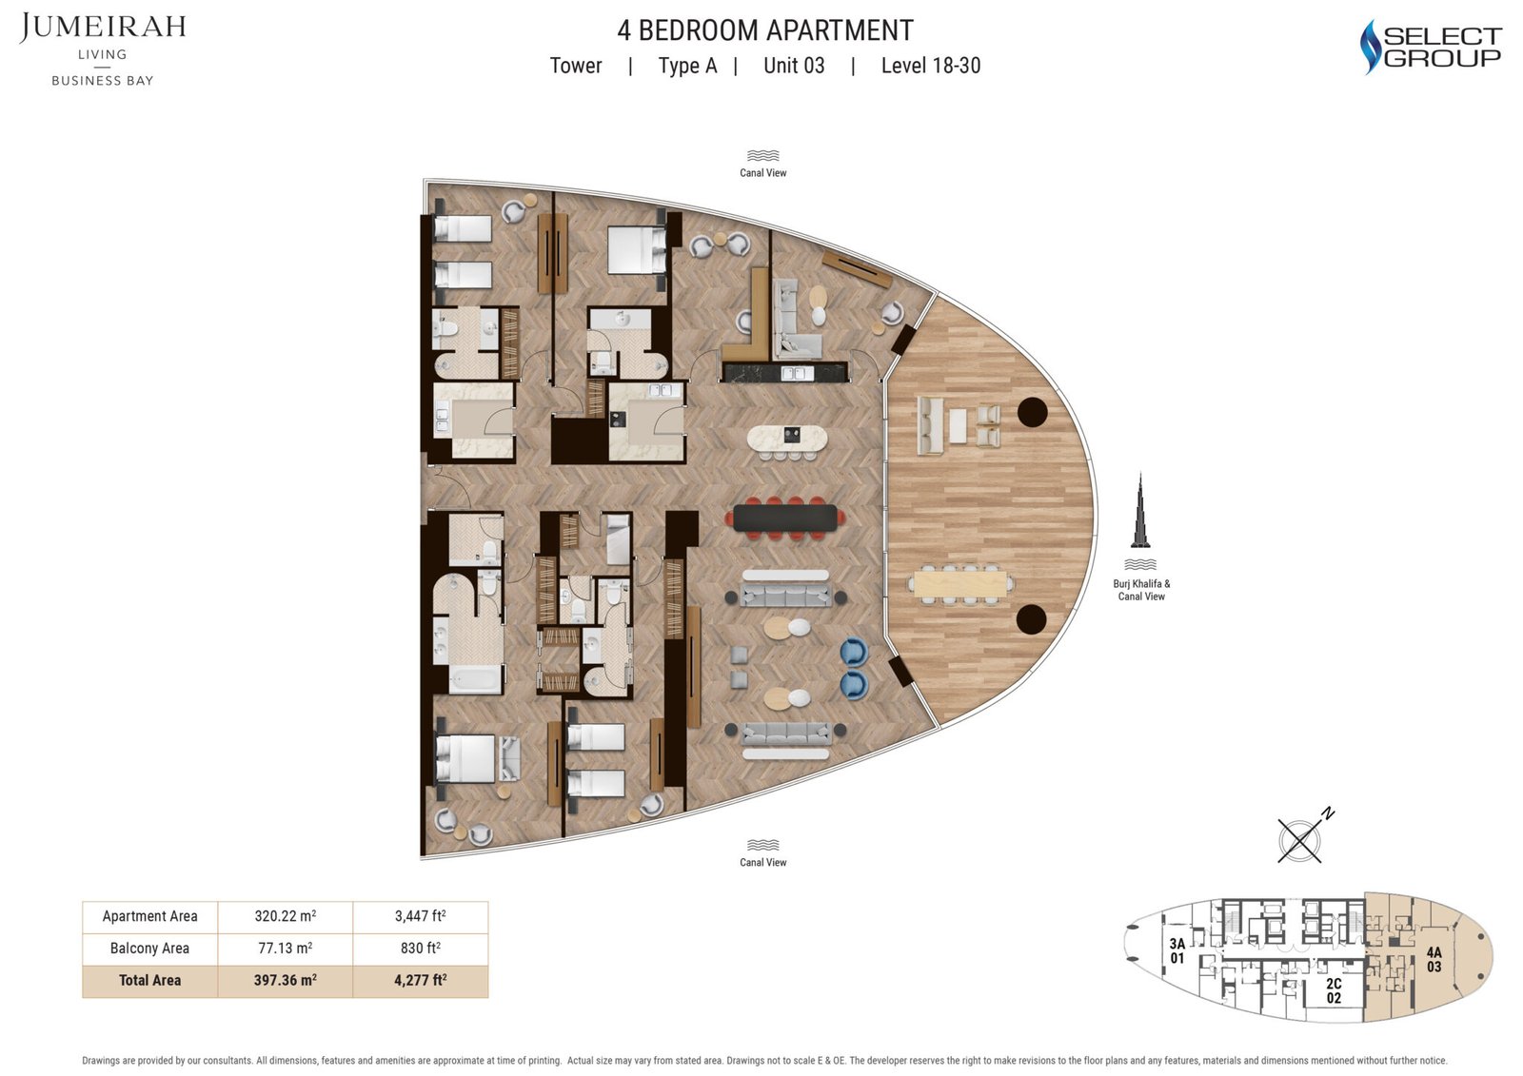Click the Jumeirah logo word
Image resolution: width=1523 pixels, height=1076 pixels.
point(103,28)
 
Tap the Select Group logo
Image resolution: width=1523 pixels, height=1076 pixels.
point(1431,47)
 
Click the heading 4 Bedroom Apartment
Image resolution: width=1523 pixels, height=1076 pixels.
point(765,30)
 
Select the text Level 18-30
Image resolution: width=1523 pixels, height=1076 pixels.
point(931,66)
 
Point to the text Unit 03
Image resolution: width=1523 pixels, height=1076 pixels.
point(794,66)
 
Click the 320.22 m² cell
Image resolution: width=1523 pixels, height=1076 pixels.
point(285,915)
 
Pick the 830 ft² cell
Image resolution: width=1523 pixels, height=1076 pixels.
point(420,948)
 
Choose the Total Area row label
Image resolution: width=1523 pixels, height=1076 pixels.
point(149,980)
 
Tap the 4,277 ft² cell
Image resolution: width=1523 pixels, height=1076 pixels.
point(420,980)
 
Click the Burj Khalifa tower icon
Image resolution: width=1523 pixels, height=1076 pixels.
point(1140,511)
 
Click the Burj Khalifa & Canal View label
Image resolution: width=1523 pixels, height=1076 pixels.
point(1141,590)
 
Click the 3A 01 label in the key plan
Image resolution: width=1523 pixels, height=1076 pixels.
point(1177,951)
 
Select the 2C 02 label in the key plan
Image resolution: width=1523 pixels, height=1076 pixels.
point(1334,990)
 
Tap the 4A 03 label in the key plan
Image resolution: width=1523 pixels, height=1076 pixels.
point(1434,959)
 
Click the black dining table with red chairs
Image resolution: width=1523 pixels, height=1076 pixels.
point(785,518)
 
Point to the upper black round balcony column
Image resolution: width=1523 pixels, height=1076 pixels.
point(1032,412)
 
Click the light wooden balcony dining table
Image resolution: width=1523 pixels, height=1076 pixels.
point(960,584)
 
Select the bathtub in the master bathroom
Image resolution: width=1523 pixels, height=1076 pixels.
point(474,677)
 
